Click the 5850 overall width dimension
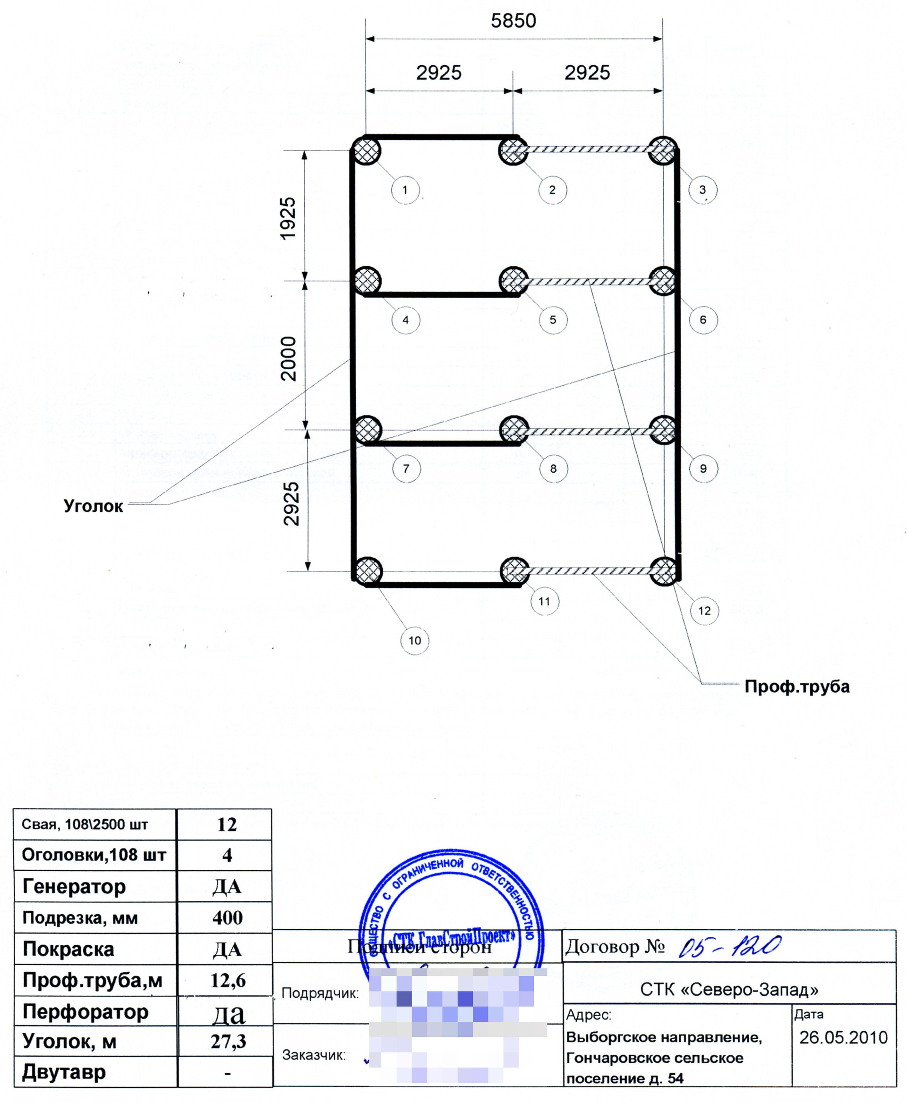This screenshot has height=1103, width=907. pos(513,21)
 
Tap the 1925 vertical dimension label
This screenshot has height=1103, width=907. pos(288,218)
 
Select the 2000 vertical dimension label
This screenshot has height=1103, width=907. pos(288,359)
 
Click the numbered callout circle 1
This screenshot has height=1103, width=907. pos(405,190)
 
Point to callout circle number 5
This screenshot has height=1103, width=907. pos(553,320)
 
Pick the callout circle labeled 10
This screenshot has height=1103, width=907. pos(415,640)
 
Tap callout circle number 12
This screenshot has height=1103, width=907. pos(704,611)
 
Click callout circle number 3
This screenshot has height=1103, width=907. pos(703,190)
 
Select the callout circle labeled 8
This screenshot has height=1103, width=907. pos(553,468)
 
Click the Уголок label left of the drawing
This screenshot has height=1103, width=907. pos(94,506)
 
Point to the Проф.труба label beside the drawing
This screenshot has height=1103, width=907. pos(797,686)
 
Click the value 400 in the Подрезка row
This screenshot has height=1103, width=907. pos(227,917)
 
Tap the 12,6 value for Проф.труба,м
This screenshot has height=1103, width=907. pos(228,980)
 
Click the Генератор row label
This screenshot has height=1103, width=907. pos(74,886)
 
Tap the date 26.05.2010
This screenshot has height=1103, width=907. pos(843,1037)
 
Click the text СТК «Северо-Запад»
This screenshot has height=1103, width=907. pos(729,989)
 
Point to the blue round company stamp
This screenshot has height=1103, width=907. pos(452,919)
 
